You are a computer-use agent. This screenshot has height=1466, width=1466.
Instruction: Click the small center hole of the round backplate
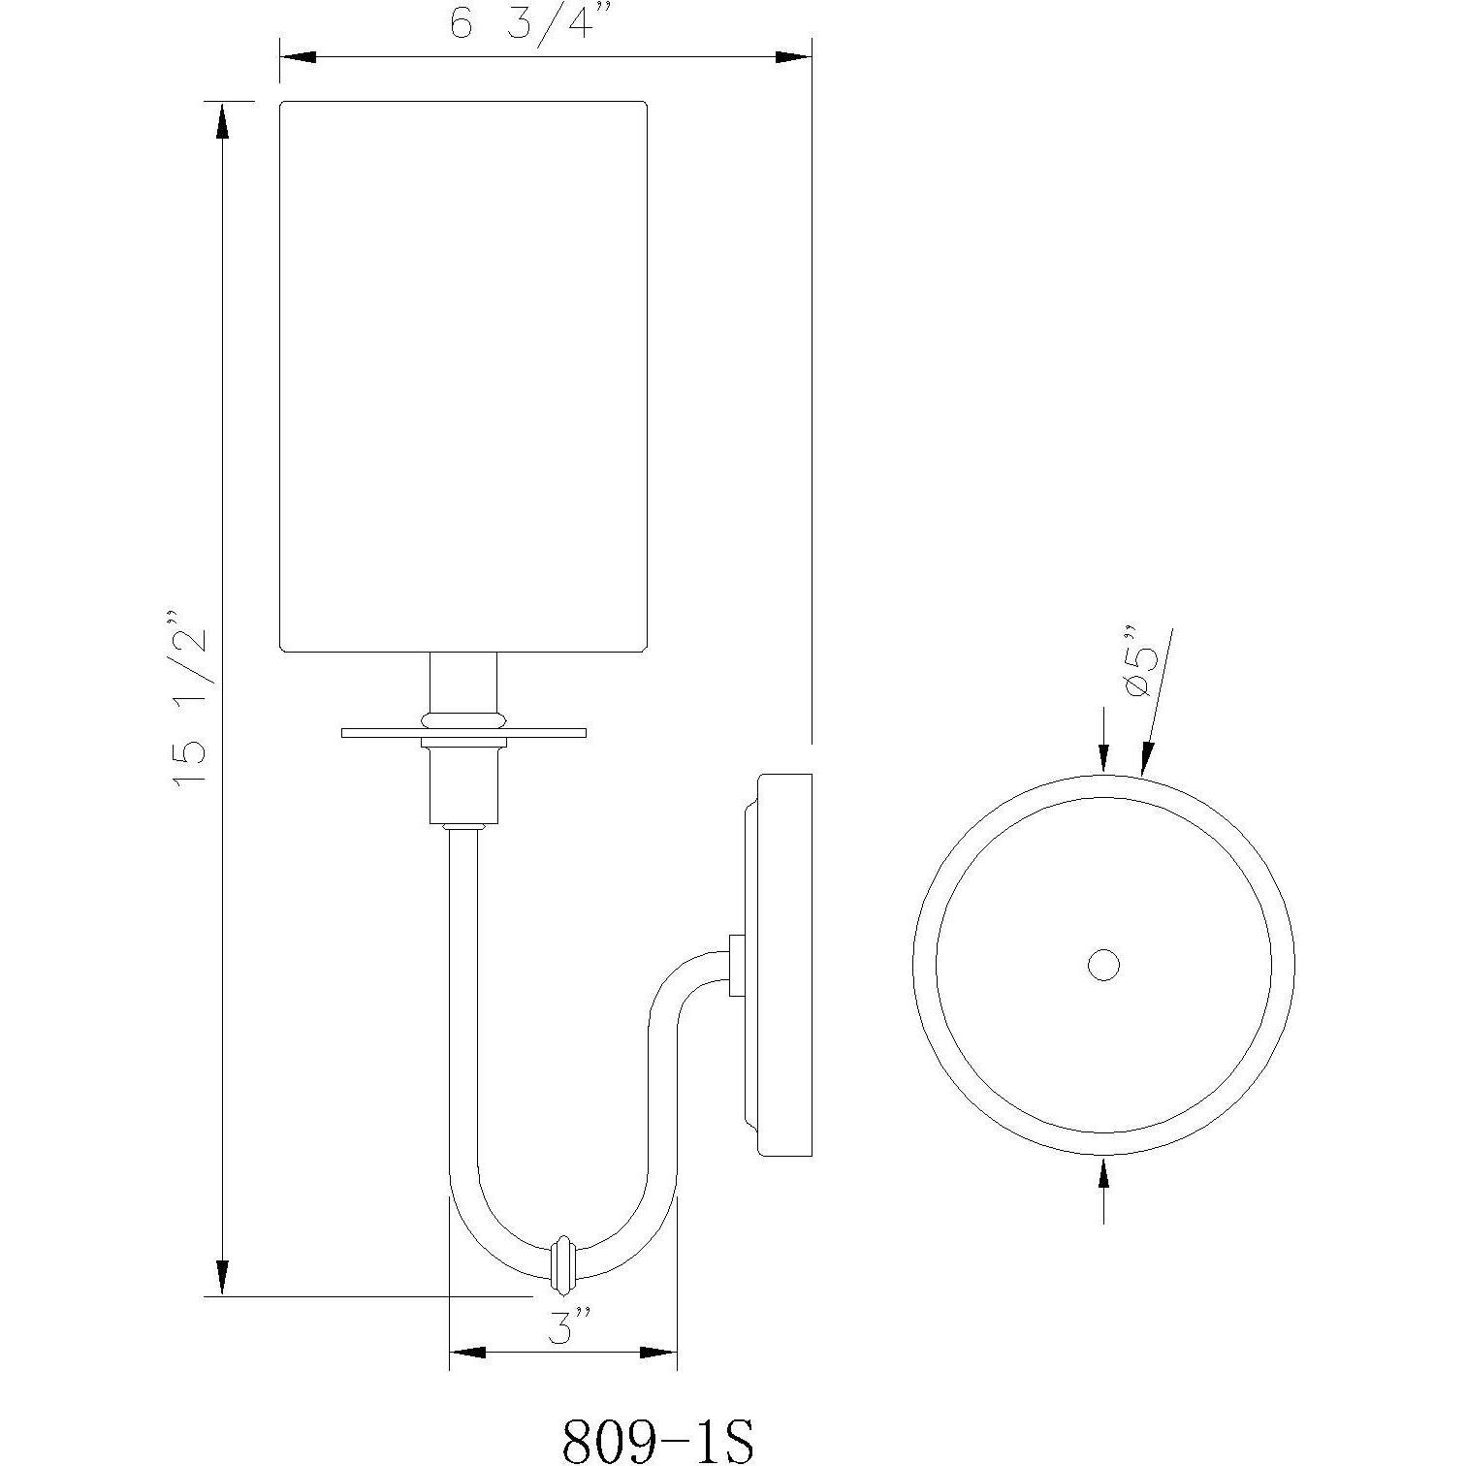pyautogui.click(x=1103, y=965)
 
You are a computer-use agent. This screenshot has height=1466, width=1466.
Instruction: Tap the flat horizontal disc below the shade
pyautogui.click(x=463, y=732)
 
